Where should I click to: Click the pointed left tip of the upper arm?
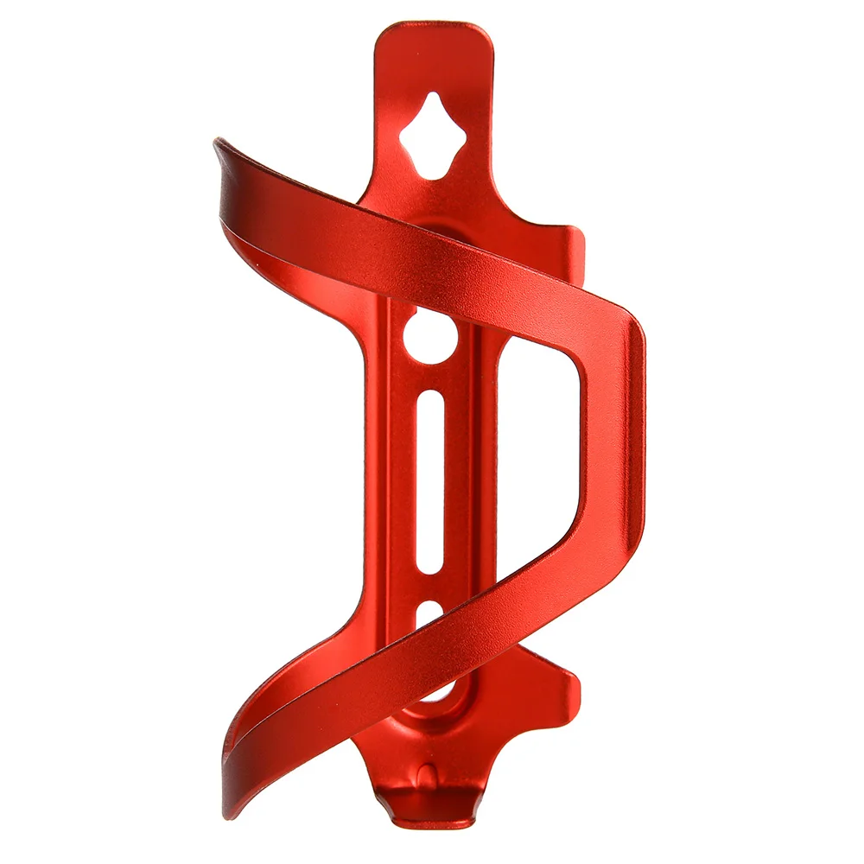219,143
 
